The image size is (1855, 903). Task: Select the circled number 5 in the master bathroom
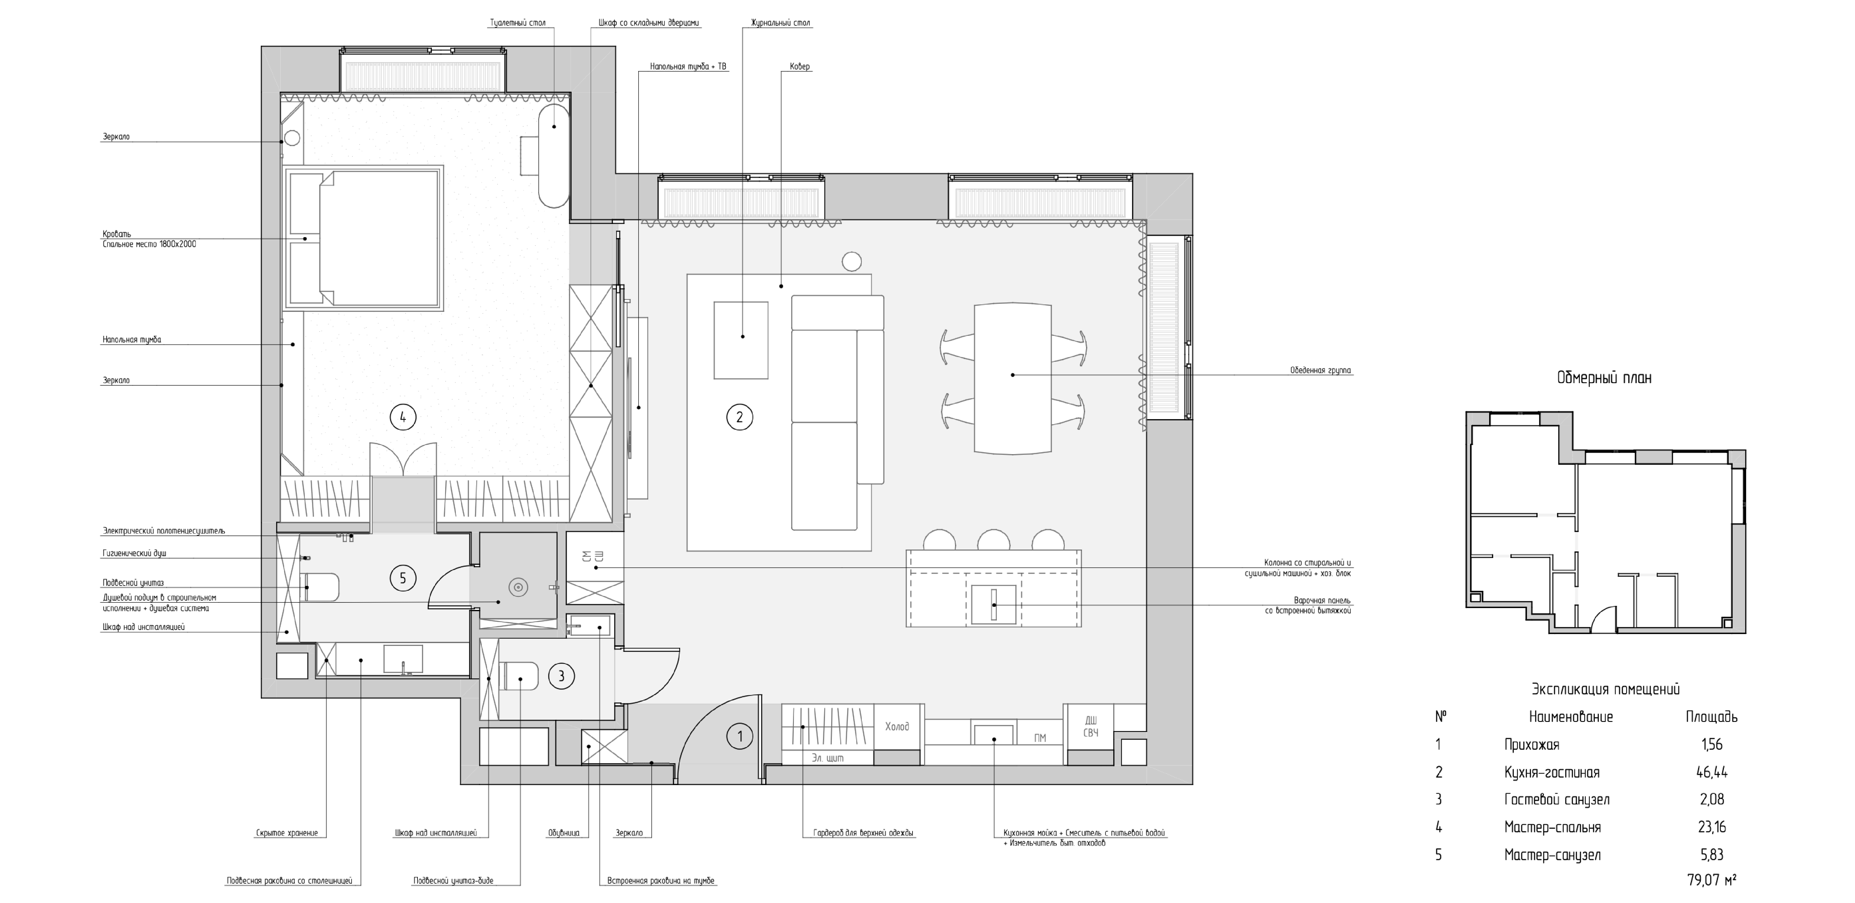[x=402, y=577]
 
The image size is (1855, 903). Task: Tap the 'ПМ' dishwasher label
[x=1039, y=738]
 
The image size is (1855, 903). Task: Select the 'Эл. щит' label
[x=827, y=758]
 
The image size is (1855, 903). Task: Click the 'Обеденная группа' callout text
[x=1321, y=371]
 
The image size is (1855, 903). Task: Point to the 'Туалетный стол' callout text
[x=518, y=23]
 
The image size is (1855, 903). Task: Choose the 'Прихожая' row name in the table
[x=1532, y=745]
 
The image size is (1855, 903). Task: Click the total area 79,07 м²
[x=1711, y=880]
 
